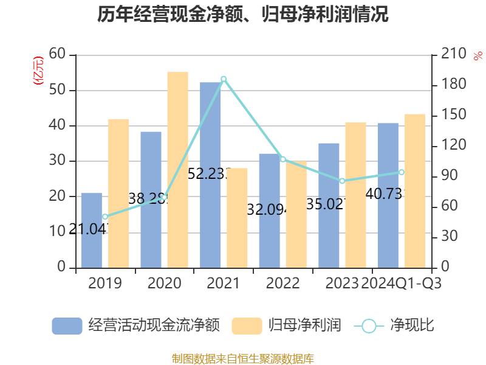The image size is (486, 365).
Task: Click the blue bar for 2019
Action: click(91, 231)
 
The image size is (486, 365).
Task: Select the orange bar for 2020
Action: click(177, 170)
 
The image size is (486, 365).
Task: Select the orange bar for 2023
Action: click(355, 195)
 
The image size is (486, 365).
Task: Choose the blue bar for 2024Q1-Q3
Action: click(388, 195)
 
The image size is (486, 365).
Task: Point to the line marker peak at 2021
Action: click(224, 78)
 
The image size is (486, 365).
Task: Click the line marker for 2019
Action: click(105, 217)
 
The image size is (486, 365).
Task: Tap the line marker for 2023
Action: click(342, 181)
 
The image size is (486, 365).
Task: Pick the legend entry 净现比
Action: click(394, 325)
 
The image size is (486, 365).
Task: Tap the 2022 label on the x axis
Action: click(282, 283)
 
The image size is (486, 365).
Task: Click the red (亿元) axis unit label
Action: click(38, 70)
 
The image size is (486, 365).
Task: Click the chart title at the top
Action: click(243, 15)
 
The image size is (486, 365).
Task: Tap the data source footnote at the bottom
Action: click(243, 358)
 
